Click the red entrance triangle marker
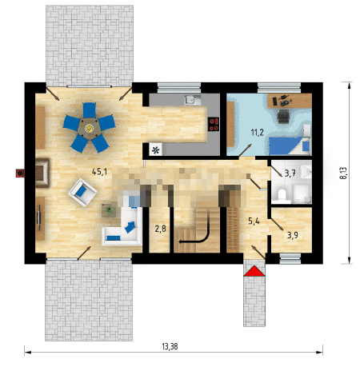(x=254, y=271)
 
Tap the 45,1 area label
(x=99, y=172)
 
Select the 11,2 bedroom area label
(x=258, y=132)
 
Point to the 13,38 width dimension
(x=170, y=346)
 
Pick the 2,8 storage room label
(x=160, y=229)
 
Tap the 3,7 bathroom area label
(x=290, y=174)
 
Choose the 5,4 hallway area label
(x=254, y=221)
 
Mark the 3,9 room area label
(x=293, y=235)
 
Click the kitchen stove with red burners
(x=214, y=124)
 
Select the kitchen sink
(x=194, y=100)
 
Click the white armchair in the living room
(x=82, y=193)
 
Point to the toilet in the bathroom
(x=282, y=195)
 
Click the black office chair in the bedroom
(x=283, y=117)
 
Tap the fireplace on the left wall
(x=42, y=173)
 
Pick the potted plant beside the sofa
(x=109, y=211)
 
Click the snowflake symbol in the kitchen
(x=156, y=150)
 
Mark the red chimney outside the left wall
(x=20, y=174)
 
